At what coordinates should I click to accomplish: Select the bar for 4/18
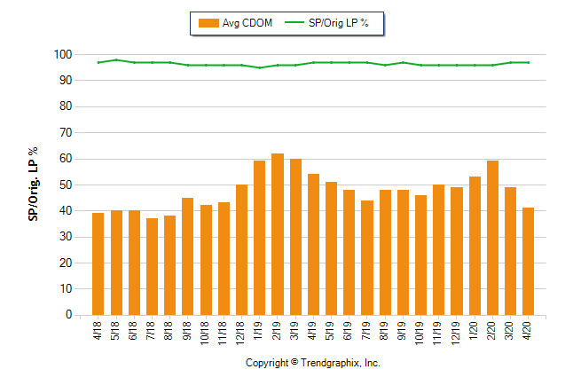coord(98,263)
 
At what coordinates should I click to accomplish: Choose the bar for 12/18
coord(241,249)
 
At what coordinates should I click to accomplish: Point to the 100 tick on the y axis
coord(62,55)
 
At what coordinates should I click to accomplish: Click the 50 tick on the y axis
coord(65,185)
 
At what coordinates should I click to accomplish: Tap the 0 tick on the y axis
coord(67,315)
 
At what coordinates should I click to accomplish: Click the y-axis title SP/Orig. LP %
coord(33,185)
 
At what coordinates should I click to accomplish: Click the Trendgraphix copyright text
coord(312,364)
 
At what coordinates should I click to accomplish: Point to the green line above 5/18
coord(116,59)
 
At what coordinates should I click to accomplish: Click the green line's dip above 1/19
coord(260,67)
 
